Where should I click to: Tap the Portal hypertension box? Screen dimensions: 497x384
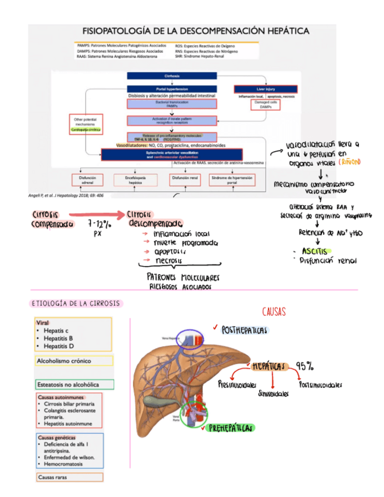click(x=172, y=88)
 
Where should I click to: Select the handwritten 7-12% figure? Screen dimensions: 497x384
click(x=98, y=224)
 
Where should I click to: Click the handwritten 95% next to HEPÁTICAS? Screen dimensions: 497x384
click(x=304, y=366)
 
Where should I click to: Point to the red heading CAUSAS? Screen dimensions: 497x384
click(x=273, y=311)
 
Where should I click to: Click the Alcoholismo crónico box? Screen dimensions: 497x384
click(x=73, y=361)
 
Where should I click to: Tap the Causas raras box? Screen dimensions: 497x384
click(x=69, y=477)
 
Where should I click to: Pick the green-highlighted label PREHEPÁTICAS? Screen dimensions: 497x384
click(x=231, y=428)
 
